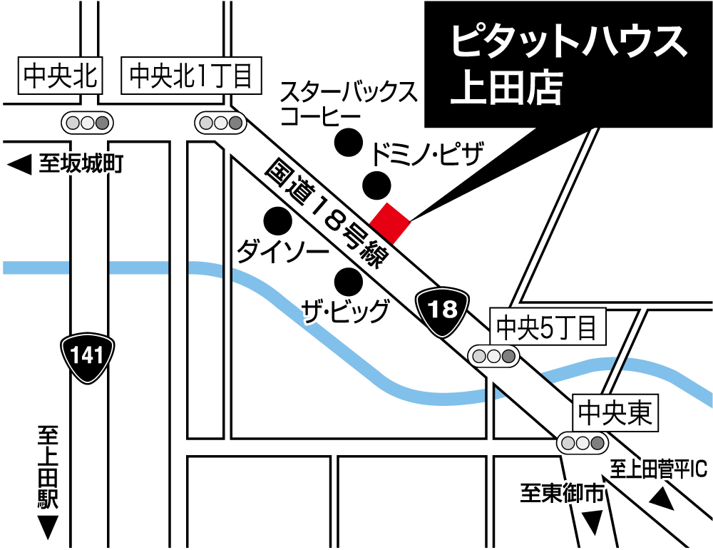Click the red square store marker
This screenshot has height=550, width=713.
389,223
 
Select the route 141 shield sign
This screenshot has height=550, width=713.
87,355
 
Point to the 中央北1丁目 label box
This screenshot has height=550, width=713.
191,76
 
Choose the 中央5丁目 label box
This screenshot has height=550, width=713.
546,327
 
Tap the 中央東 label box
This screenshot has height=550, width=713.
616,413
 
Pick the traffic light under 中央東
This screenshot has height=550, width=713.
582,443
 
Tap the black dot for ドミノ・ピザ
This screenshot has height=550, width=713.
376,186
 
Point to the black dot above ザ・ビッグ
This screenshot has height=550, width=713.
349,282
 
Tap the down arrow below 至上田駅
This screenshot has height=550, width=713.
48,528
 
